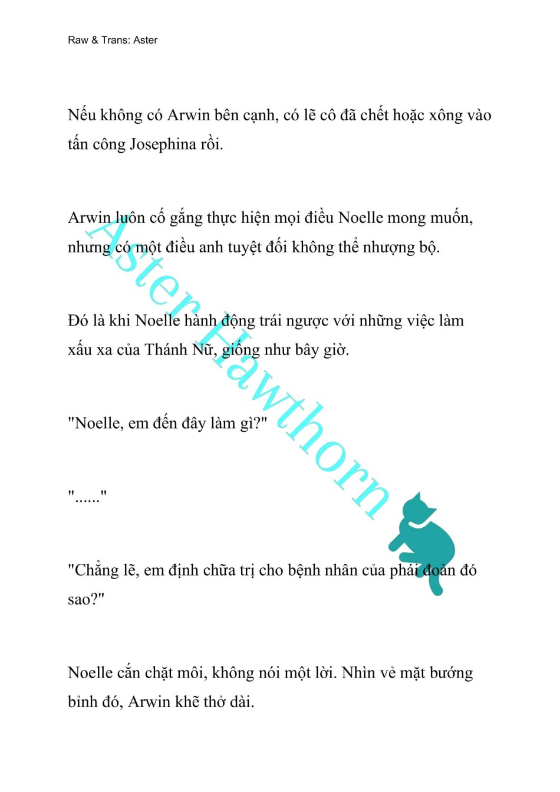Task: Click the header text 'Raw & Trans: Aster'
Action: coord(113,40)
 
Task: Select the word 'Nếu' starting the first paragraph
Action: coord(81,115)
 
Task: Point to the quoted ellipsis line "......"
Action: coord(87,497)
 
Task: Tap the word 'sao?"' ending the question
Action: coord(86,600)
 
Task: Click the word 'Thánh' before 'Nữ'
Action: coord(166,350)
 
